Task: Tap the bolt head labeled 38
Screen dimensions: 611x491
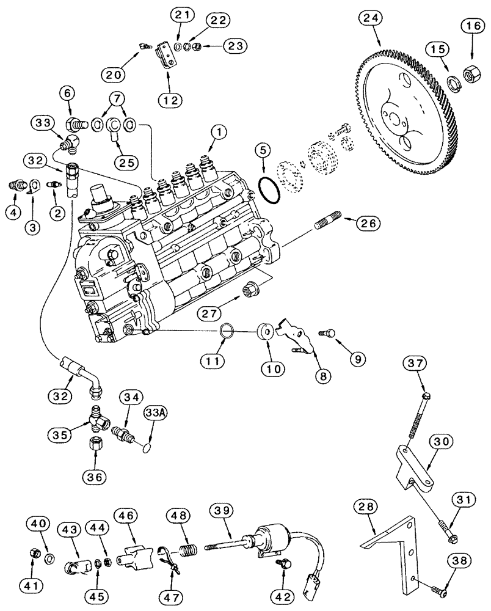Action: [444, 591]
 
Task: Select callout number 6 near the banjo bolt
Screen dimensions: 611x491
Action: [68, 93]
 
